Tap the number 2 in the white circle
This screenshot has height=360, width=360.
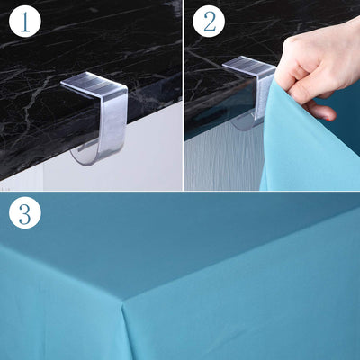210,22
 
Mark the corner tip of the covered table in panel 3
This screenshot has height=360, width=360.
123,301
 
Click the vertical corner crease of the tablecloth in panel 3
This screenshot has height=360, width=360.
125,330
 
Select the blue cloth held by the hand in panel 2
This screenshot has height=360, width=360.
303,144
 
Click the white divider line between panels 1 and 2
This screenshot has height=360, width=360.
183,95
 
